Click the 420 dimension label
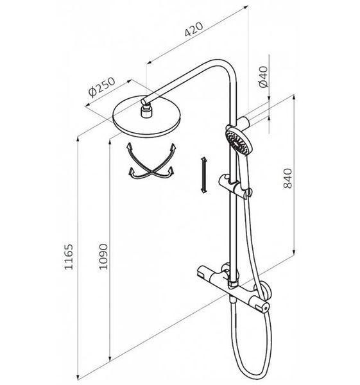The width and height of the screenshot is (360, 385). coord(194,30)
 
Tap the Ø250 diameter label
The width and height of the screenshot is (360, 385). coord(101,87)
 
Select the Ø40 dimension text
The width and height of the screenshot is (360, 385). coord(264,76)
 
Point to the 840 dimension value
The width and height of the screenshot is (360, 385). coord(287,178)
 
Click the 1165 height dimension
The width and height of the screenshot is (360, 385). coord(69,257)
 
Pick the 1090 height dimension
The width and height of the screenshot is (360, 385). coord(103,257)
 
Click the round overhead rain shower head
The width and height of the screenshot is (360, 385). coord(146,116)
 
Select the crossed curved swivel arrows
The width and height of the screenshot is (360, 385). coord(151,161)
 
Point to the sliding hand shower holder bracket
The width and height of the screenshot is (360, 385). coord(234,185)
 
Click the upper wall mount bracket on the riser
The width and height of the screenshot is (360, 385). coord(243,121)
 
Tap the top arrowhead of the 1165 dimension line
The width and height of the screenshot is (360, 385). coord(78,139)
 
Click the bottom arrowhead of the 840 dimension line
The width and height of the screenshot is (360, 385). coord(294,253)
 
